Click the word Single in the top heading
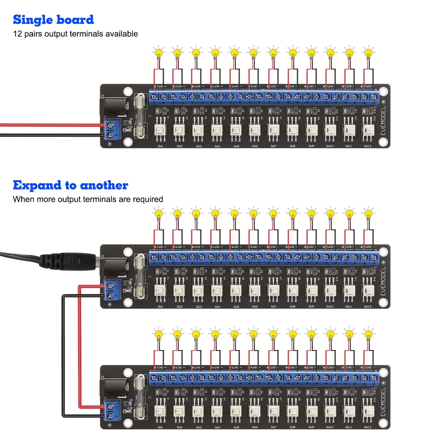33,20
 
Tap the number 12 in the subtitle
17,34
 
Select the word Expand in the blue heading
37,185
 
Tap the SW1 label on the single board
160,146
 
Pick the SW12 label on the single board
368,146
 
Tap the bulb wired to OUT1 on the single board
159,53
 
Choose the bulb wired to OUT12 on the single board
368,53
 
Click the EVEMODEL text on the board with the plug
383,281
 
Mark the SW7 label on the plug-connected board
274,307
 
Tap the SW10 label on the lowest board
330,427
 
